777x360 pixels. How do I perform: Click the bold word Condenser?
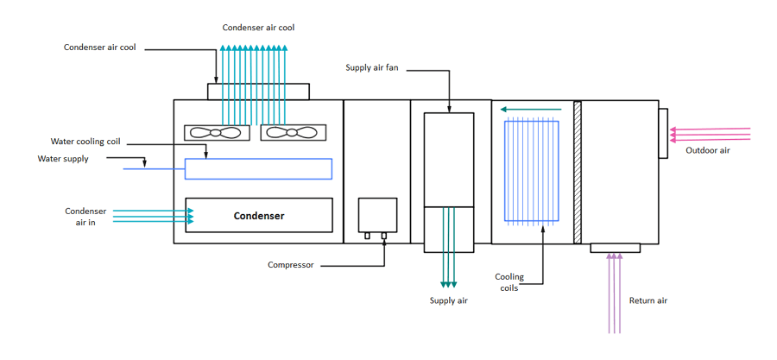click(x=259, y=216)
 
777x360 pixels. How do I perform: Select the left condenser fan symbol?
click(x=217, y=133)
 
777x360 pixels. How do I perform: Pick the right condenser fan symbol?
click(x=293, y=133)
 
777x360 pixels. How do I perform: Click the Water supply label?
click(x=63, y=159)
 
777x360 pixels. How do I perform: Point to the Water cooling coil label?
click(x=85, y=142)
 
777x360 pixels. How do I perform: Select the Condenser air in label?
click(x=85, y=217)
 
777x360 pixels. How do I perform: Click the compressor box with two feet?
click(x=377, y=216)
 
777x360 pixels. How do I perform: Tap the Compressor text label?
click(x=291, y=265)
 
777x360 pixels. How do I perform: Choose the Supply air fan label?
click(x=371, y=67)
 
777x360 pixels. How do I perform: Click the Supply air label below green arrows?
click(x=448, y=300)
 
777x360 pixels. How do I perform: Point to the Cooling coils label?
click(x=509, y=282)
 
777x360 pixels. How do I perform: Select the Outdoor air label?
click(x=708, y=150)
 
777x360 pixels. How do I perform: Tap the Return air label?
click(x=648, y=300)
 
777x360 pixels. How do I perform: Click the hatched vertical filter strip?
click(x=578, y=172)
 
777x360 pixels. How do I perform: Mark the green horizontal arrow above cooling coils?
click(x=531, y=109)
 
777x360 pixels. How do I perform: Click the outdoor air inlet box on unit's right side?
click(x=663, y=133)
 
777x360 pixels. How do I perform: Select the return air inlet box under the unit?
click(x=615, y=248)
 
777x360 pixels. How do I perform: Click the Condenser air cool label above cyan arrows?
click(x=258, y=28)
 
